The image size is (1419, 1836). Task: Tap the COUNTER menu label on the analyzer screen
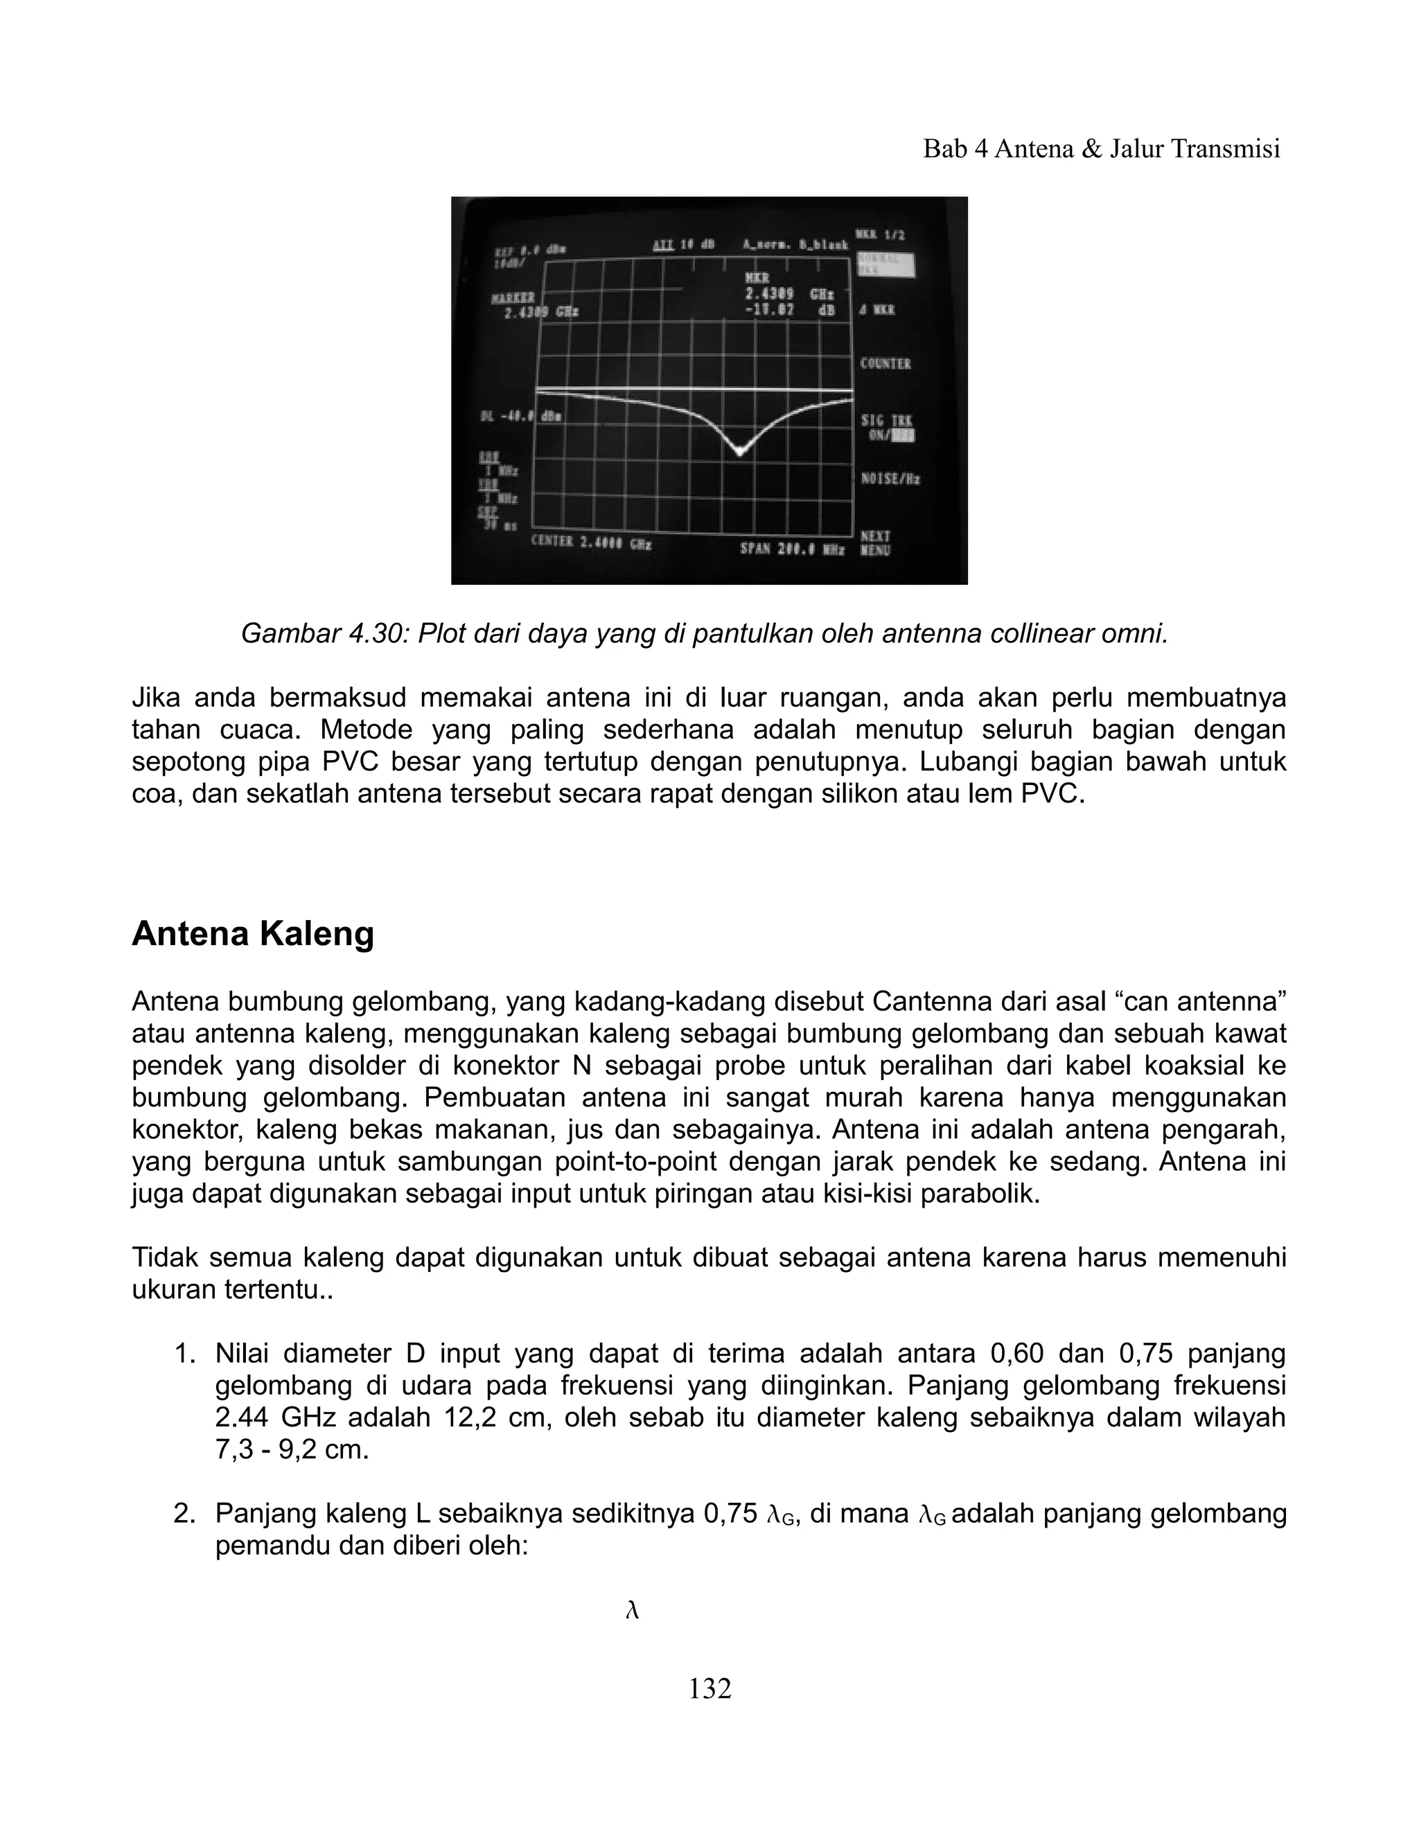click(x=885, y=364)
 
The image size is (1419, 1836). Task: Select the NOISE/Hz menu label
click(x=890, y=479)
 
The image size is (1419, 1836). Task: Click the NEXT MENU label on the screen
click(x=875, y=543)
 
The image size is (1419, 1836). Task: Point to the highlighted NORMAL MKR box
click(x=885, y=265)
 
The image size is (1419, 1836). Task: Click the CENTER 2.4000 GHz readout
click(x=591, y=544)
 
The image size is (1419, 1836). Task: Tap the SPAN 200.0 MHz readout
click(x=791, y=548)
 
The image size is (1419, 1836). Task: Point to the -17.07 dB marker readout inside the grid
click(x=788, y=310)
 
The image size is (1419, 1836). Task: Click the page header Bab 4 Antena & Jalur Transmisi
click(x=1101, y=149)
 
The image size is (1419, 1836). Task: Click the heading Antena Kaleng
click(x=252, y=934)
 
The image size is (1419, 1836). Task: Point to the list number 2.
click(x=184, y=1514)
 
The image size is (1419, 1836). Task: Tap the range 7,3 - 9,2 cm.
click(x=292, y=1450)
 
